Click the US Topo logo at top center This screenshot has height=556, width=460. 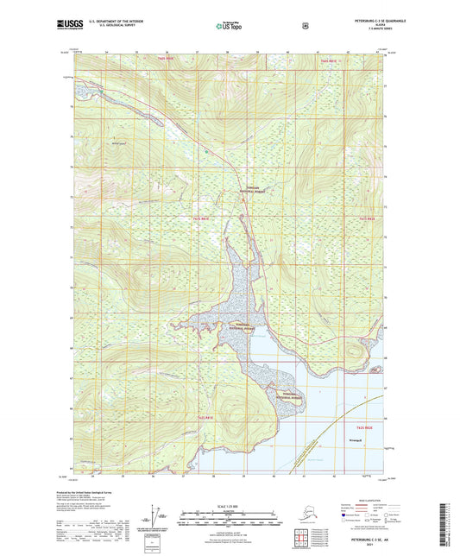230,26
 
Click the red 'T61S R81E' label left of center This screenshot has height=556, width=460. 202,219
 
